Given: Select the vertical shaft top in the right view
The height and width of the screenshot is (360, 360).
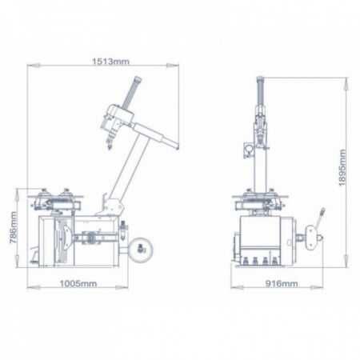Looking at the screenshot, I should click(260, 82).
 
